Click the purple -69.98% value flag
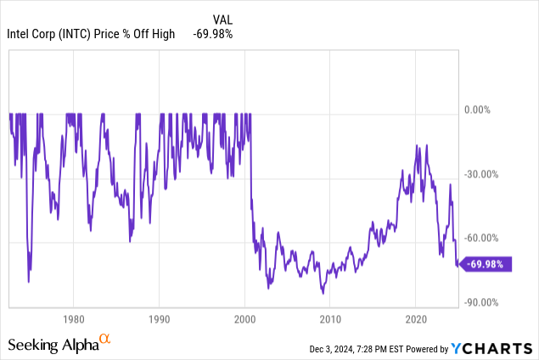tap(488, 264)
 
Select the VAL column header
tap(222, 18)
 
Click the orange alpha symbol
tap(104, 340)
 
